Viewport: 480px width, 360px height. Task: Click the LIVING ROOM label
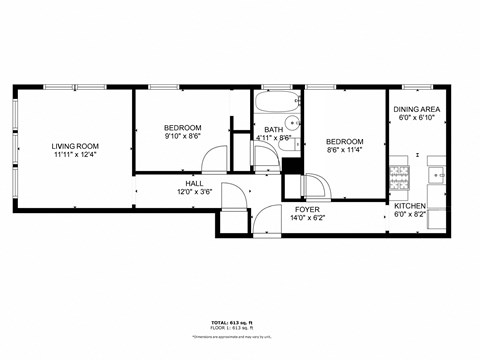click(x=75, y=146)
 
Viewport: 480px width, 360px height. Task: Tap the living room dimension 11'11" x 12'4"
click(x=75, y=155)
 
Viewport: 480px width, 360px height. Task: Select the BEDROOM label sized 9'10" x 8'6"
click(x=183, y=127)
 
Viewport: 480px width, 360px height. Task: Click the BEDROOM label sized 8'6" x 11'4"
click(x=344, y=142)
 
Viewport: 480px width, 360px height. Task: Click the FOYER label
click(x=307, y=208)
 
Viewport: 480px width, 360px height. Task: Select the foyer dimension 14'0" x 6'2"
click(x=307, y=216)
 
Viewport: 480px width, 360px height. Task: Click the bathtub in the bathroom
click(x=276, y=105)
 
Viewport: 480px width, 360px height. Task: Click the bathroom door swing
click(x=263, y=158)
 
